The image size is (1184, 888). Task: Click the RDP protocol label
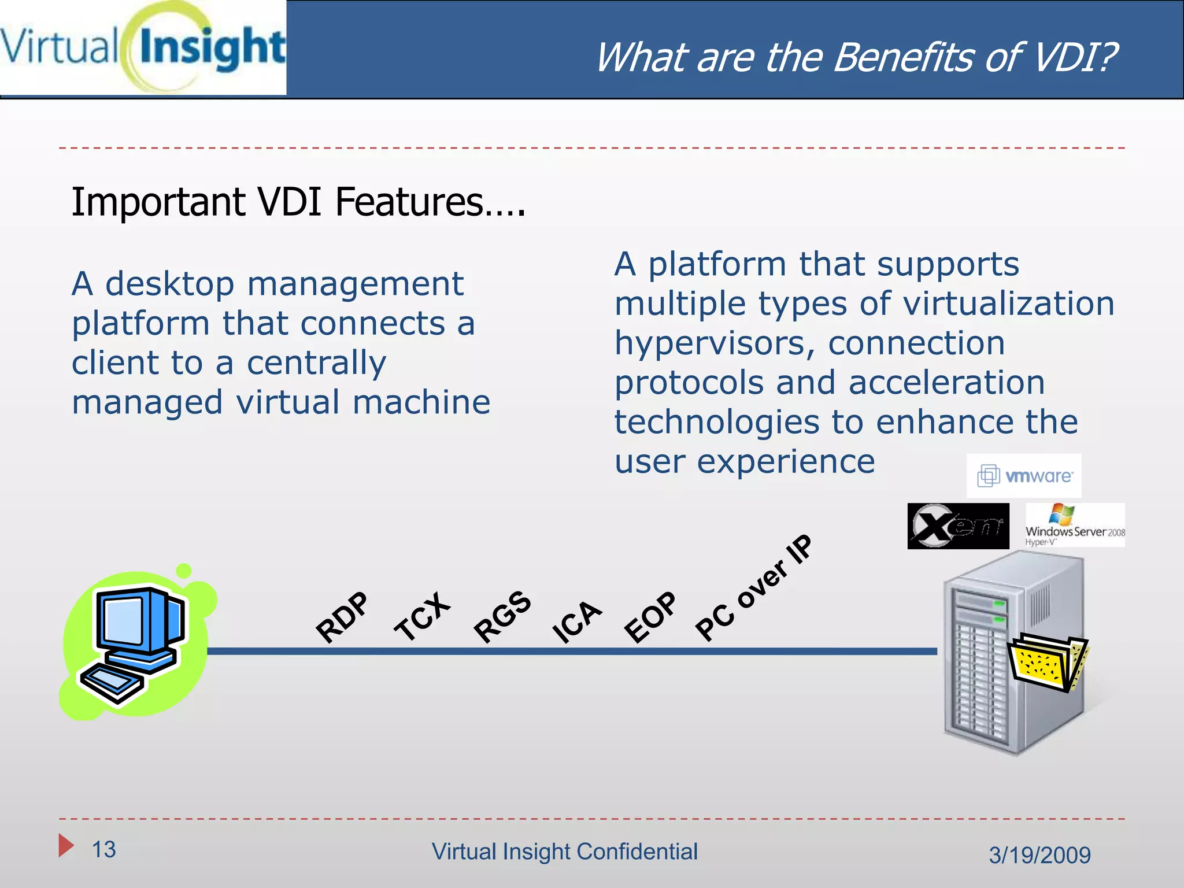coord(342,617)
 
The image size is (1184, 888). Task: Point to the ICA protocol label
coord(576,621)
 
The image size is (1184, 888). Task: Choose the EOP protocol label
coord(650,617)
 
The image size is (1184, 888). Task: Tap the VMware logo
coord(1024,476)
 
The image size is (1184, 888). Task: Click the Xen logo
coord(958,526)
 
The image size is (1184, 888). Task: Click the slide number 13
coord(104,849)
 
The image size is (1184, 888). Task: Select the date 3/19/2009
coord(1039,855)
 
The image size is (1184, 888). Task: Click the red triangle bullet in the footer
coord(66,846)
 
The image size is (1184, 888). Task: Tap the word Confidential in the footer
coord(637,852)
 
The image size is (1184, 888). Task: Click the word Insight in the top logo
coord(212,48)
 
